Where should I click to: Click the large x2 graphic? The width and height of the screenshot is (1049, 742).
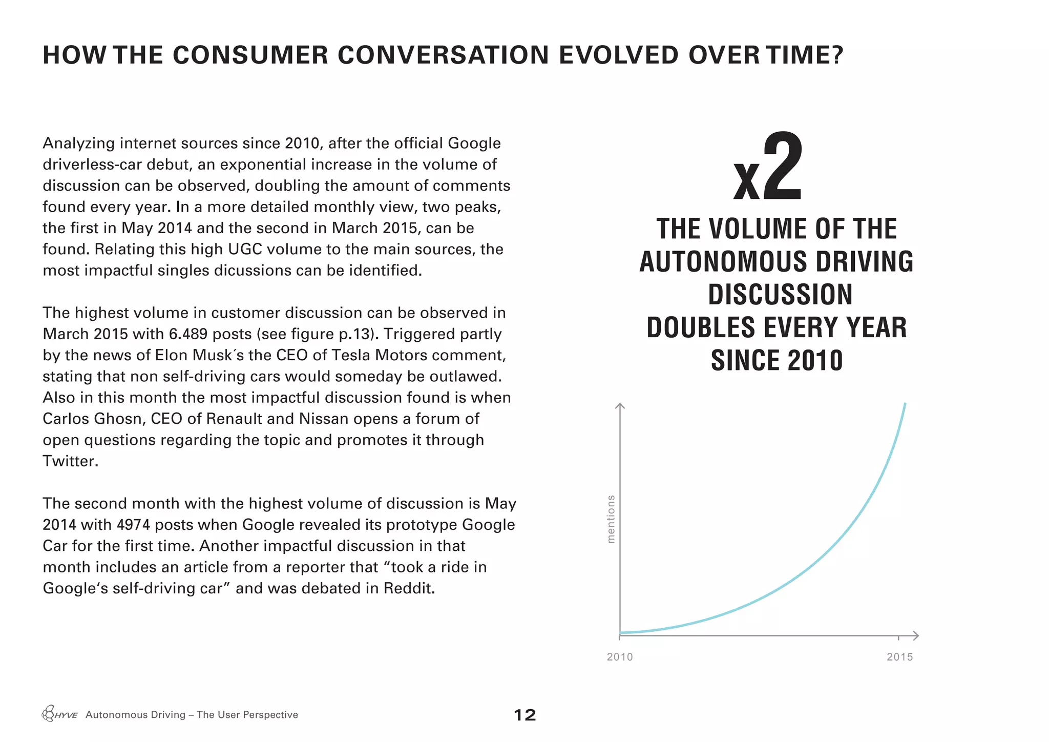pyautogui.click(x=768, y=168)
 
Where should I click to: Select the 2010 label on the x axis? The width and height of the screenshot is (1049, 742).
pyautogui.click(x=620, y=657)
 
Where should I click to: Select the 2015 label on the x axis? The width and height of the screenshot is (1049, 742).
pyautogui.click(x=900, y=657)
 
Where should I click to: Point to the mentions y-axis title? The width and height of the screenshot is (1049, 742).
pyautogui.click(x=611, y=519)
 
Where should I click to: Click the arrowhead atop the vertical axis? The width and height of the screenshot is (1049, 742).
pyautogui.click(x=620, y=406)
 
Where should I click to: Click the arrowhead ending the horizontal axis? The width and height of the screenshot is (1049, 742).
pyautogui.click(x=916, y=636)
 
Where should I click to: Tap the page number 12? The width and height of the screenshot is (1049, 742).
pyautogui.click(x=524, y=715)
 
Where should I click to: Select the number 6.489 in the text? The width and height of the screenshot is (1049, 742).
pyautogui.click(x=188, y=334)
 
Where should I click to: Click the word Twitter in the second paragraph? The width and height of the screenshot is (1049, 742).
pyautogui.click(x=70, y=461)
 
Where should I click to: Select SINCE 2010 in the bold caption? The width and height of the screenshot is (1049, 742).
pyautogui.click(x=777, y=360)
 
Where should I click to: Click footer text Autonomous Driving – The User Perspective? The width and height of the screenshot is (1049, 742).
pyautogui.click(x=192, y=715)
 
